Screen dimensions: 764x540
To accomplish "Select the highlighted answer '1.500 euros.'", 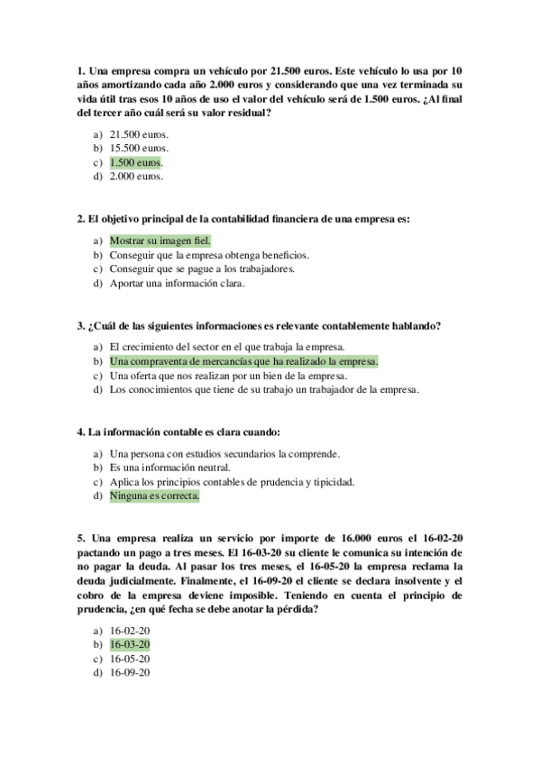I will (x=135, y=162).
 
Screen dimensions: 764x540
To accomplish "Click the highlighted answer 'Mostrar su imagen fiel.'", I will (x=160, y=241).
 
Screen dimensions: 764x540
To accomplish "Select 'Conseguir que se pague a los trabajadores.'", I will (x=202, y=269).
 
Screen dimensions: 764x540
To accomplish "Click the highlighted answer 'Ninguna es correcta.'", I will (x=154, y=496).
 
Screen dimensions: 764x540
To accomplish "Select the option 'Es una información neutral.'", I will (x=169, y=467).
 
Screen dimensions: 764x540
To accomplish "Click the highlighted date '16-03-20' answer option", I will (x=130, y=644).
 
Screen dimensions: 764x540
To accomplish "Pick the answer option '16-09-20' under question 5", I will (x=130, y=673).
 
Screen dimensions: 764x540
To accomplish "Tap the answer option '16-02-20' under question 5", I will (x=130, y=630).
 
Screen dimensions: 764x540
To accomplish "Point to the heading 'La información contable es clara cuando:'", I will (x=179, y=431).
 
